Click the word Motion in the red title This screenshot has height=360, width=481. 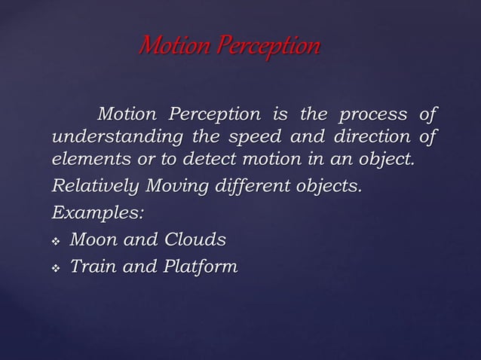coord(167,47)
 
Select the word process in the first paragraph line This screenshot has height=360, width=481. coord(372,115)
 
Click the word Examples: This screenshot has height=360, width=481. coord(97,212)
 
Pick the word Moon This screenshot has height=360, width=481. coord(96,239)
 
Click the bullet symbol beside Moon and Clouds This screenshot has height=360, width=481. coord(55,240)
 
